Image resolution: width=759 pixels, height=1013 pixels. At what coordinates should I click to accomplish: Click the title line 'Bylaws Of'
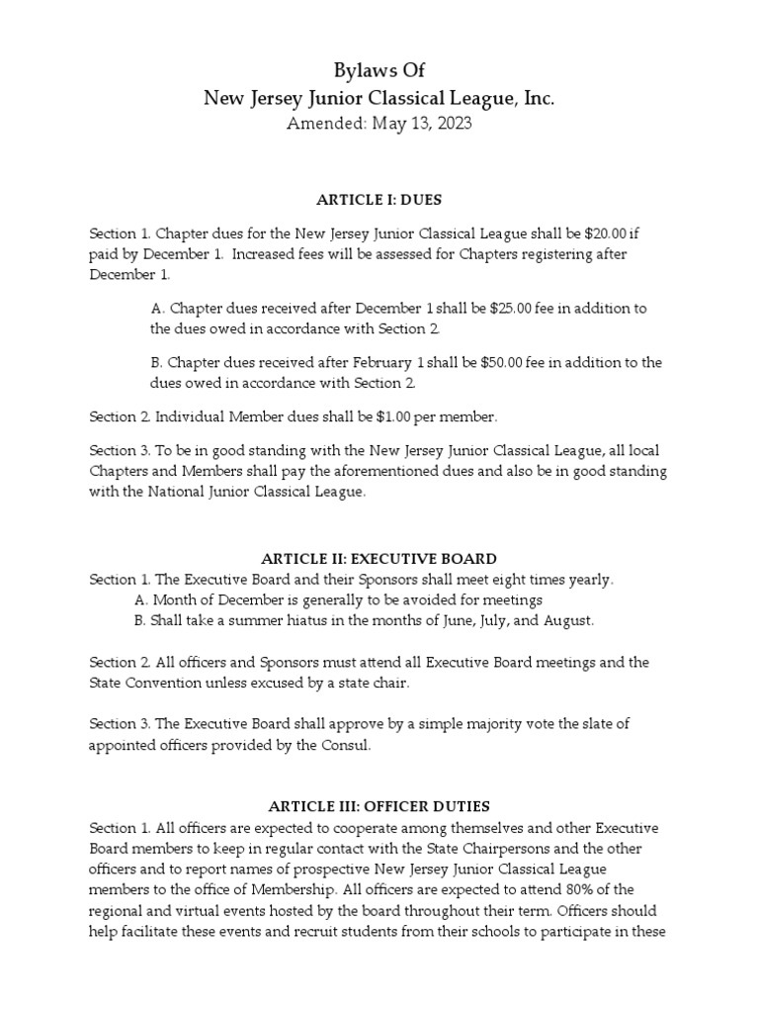[x=379, y=69]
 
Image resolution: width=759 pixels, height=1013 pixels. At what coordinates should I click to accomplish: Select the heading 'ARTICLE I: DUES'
[x=379, y=200]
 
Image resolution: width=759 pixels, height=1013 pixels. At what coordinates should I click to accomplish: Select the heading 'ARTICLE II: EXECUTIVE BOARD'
[x=379, y=559]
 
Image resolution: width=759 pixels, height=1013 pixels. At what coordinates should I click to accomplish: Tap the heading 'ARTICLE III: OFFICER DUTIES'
[x=379, y=806]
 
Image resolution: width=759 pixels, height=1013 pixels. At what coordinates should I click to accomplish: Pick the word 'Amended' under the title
[x=322, y=124]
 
